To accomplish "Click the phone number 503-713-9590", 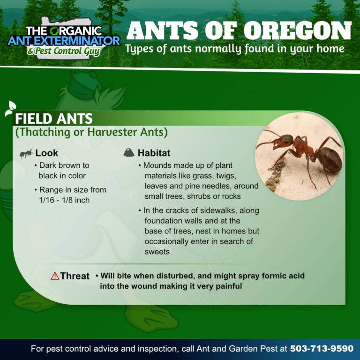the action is coord(322,349).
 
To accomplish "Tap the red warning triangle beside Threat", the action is coord(55,276).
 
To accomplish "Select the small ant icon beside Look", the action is coord(26,153).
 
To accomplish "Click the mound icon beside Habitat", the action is coord(129,153).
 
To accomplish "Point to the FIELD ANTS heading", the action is coord(54,119).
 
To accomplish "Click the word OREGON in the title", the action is coord(297,31).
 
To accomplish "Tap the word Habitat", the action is coord(154,153).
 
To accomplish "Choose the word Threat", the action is coord(75,276).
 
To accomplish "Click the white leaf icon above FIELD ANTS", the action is coord(11,108).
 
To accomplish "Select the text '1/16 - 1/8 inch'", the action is coord(64,200).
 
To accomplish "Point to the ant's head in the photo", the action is coord(282,141).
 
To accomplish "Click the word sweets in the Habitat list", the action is coord(157,252).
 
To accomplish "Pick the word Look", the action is coord(46,153).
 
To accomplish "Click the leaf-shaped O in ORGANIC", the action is coord(55,31).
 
